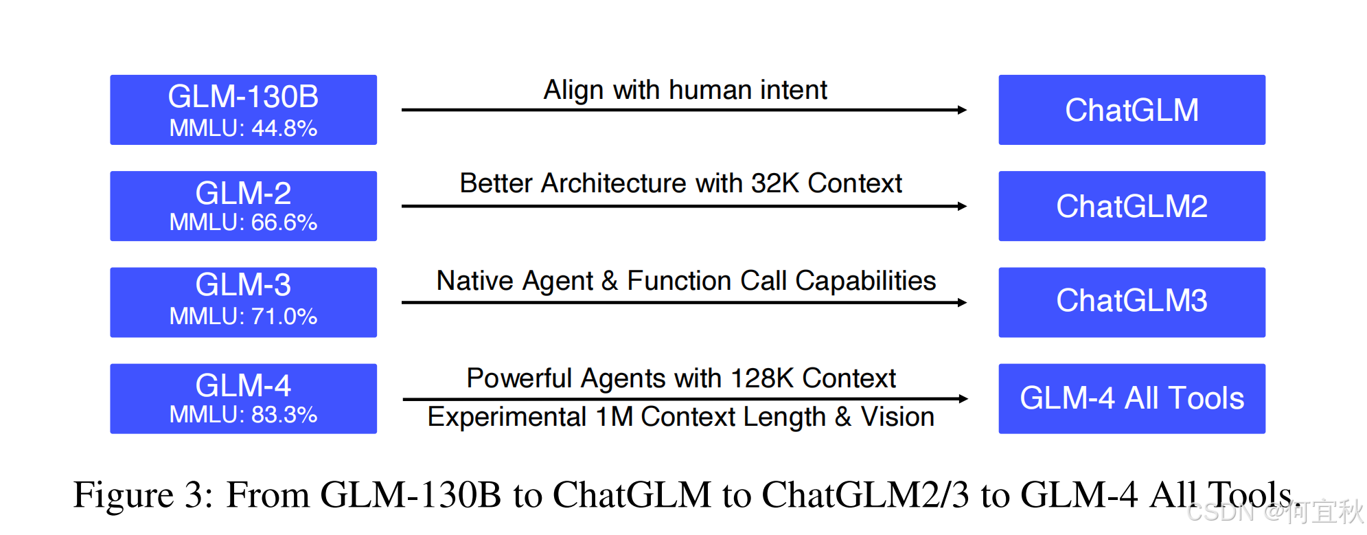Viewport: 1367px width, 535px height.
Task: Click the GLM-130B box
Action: tap(243, 110)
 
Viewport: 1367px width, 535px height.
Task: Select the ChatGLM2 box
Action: tap(1131, 206)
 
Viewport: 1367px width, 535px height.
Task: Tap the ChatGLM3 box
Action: tap(1131, 302)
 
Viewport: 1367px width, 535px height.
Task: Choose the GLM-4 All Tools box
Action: tap(1131, 398)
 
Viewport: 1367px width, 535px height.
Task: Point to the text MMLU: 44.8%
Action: tap(243, 128)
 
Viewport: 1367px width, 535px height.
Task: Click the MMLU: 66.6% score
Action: tap(243, 223)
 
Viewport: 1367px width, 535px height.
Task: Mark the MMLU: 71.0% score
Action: tap(243, 317)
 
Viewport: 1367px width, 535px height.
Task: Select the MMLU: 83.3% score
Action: tap(243, 415)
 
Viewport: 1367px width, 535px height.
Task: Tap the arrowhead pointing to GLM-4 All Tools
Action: tap(963, 398)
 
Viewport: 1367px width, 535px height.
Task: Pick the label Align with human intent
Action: tap(685, 90)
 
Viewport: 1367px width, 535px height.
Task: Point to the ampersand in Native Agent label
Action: tap(610, 281)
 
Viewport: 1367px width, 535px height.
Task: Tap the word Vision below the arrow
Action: tap(897, 417)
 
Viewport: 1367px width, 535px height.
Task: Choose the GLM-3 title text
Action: tap(243, 285)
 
